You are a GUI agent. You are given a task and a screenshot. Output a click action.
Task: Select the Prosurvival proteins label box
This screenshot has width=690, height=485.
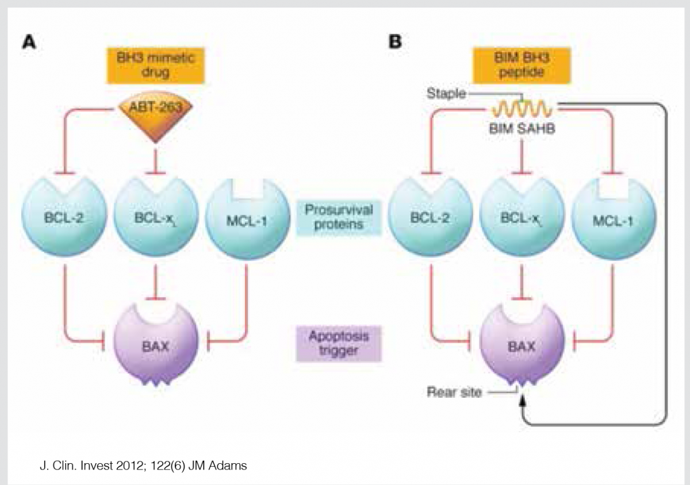click(x=339, y=217)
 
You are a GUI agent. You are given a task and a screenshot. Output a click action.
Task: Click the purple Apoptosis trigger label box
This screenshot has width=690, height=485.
click(x=339, y=342)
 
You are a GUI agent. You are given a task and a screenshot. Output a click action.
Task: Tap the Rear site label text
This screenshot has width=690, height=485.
click(x=454, y=393)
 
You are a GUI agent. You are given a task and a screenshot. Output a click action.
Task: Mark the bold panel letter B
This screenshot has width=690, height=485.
click(x=396, y=43)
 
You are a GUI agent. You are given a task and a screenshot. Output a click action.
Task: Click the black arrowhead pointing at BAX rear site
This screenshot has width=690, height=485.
click(x=523, y=403)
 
